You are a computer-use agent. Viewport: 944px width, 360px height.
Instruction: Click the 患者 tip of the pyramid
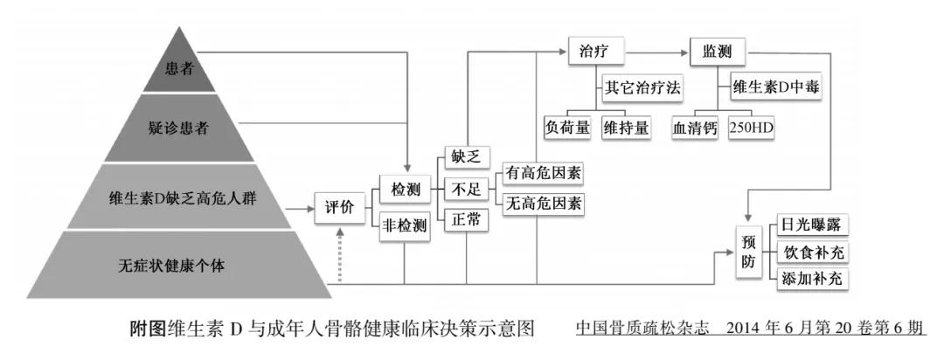[x=178, y=69]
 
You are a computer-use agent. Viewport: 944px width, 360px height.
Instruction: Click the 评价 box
[x=339, y=211]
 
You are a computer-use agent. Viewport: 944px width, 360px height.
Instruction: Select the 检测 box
[x=406, y=189]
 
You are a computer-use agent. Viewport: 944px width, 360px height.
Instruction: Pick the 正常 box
[x=466, y=220]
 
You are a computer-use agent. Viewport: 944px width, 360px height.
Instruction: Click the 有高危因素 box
[x=543, y=171]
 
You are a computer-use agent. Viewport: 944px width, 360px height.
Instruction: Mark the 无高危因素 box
[x=543, y=204]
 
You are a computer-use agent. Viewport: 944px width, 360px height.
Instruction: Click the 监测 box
[x=717, y=52]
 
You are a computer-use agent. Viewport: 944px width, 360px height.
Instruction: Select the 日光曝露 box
[x=810, y=225]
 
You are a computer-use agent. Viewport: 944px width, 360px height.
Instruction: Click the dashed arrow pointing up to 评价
[x=340, y=262]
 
